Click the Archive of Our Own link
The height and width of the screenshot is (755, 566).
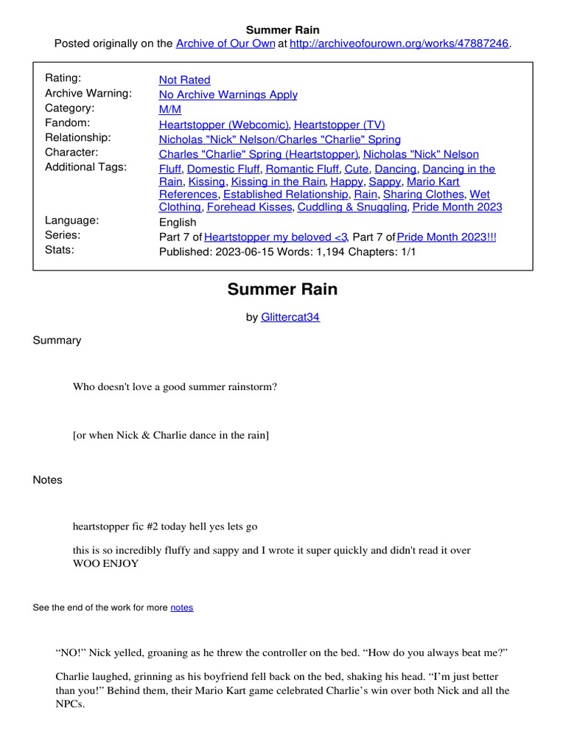(224, 44)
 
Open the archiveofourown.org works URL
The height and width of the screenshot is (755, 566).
(399, 44)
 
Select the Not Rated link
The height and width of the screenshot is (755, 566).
(184, 80)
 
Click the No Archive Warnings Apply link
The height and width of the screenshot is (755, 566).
(228, 94)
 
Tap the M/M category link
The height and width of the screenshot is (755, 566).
(170, 109)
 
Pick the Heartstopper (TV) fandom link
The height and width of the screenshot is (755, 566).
(339, 125)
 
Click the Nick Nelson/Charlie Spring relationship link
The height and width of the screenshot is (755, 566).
(279, 139)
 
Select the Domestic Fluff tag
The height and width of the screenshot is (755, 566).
(223, 169)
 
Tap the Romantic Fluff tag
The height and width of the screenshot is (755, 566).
(302, 169)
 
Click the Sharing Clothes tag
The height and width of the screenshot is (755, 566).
(424, 194)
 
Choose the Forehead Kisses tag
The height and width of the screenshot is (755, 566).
(248, 207)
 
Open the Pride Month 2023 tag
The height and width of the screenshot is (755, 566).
(457, 207)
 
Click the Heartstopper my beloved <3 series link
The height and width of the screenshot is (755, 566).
(275, 237)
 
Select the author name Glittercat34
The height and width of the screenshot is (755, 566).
(290, 317)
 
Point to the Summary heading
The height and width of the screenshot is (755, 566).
(57, 340)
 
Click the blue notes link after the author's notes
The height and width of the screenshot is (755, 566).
(181, 608)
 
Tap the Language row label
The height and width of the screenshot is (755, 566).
(71, 220)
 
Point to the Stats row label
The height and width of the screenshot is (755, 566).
(59, 250)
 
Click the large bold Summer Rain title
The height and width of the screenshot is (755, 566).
(282, 289)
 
